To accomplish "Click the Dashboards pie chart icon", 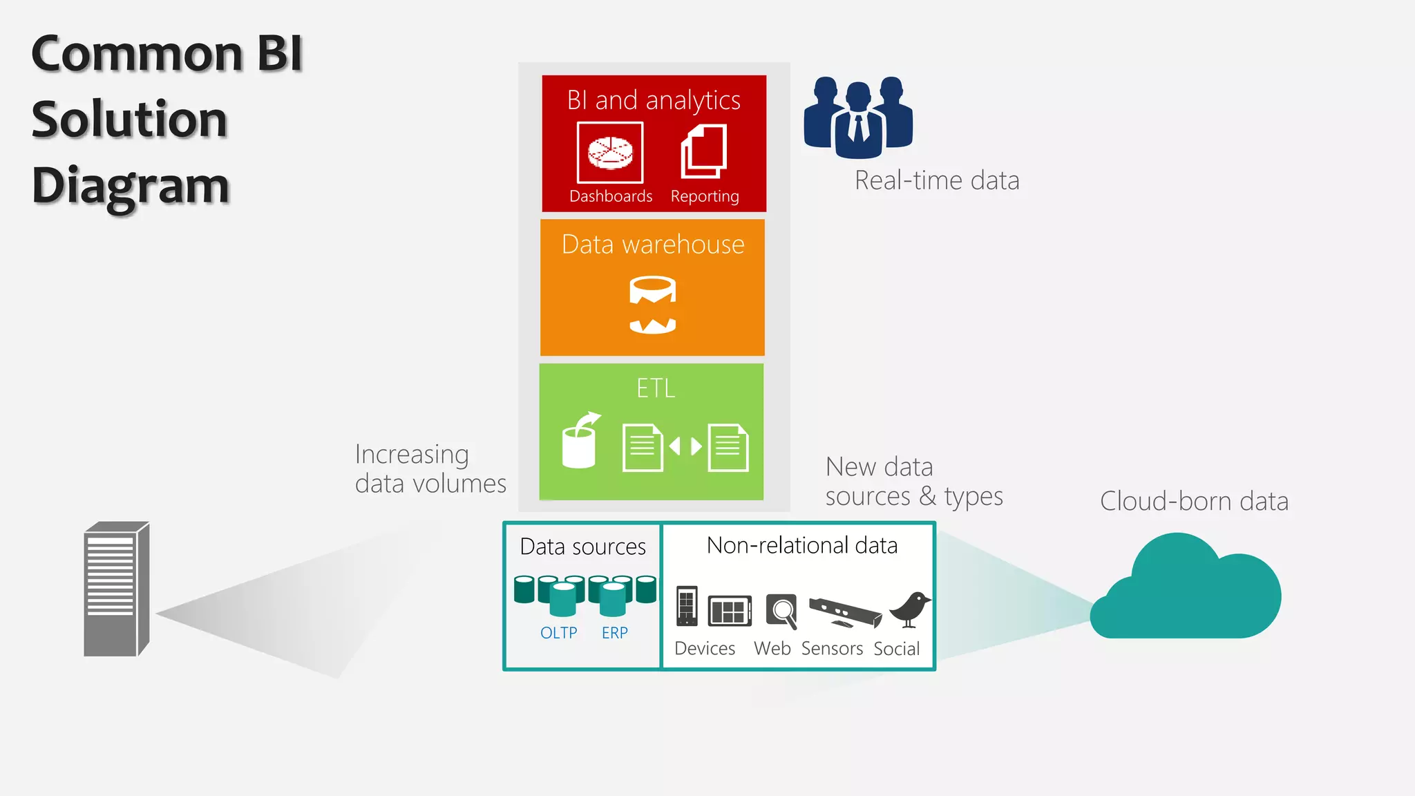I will point(610,153).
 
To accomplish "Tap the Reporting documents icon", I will point(704,152).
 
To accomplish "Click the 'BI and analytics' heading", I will point(654,101).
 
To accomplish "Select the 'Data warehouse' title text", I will point(653,245).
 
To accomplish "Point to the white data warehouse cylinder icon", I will point(653,305).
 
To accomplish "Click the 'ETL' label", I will point(655,388).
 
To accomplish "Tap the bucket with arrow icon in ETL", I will point(580,442).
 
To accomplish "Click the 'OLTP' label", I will point(558,633).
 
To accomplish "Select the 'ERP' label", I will point(614,633).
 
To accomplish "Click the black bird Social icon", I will point(910,609).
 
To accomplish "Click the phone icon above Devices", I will point(687,606).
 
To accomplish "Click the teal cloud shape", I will point(1187,591).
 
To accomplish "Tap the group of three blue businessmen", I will point(858,116).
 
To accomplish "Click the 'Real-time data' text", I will point(936,180).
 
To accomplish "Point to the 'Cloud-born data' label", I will point(1193,501).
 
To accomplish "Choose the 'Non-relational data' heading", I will point(801,546).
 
